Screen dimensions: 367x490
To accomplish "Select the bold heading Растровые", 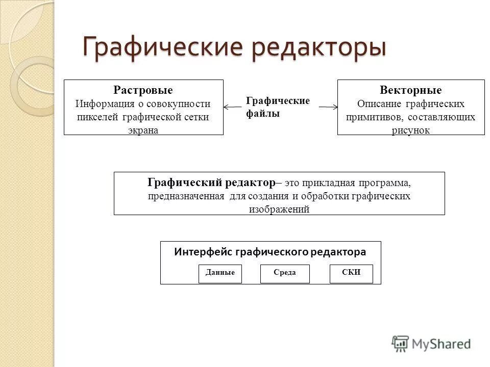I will [143, 90].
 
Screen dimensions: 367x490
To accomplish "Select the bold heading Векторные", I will [411, 90].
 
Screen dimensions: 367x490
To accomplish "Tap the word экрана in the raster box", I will [143, 130].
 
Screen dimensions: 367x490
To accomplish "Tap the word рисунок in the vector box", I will [411, 130].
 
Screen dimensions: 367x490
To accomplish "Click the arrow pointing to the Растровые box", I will [232, 107].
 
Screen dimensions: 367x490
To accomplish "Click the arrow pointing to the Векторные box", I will [329, 107].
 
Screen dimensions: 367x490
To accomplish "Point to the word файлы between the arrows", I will [263, 114].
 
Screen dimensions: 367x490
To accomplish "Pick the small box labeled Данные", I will [220, 274].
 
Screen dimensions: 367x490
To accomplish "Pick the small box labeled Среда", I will [285, 274].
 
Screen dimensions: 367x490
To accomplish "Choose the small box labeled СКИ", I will [352, 274].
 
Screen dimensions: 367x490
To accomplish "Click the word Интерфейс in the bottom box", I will [198, 252].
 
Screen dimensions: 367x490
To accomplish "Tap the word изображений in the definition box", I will [279, 209].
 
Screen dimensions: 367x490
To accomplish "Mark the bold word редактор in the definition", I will [250, 182].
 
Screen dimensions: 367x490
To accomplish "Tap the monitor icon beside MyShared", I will [401, 343].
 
